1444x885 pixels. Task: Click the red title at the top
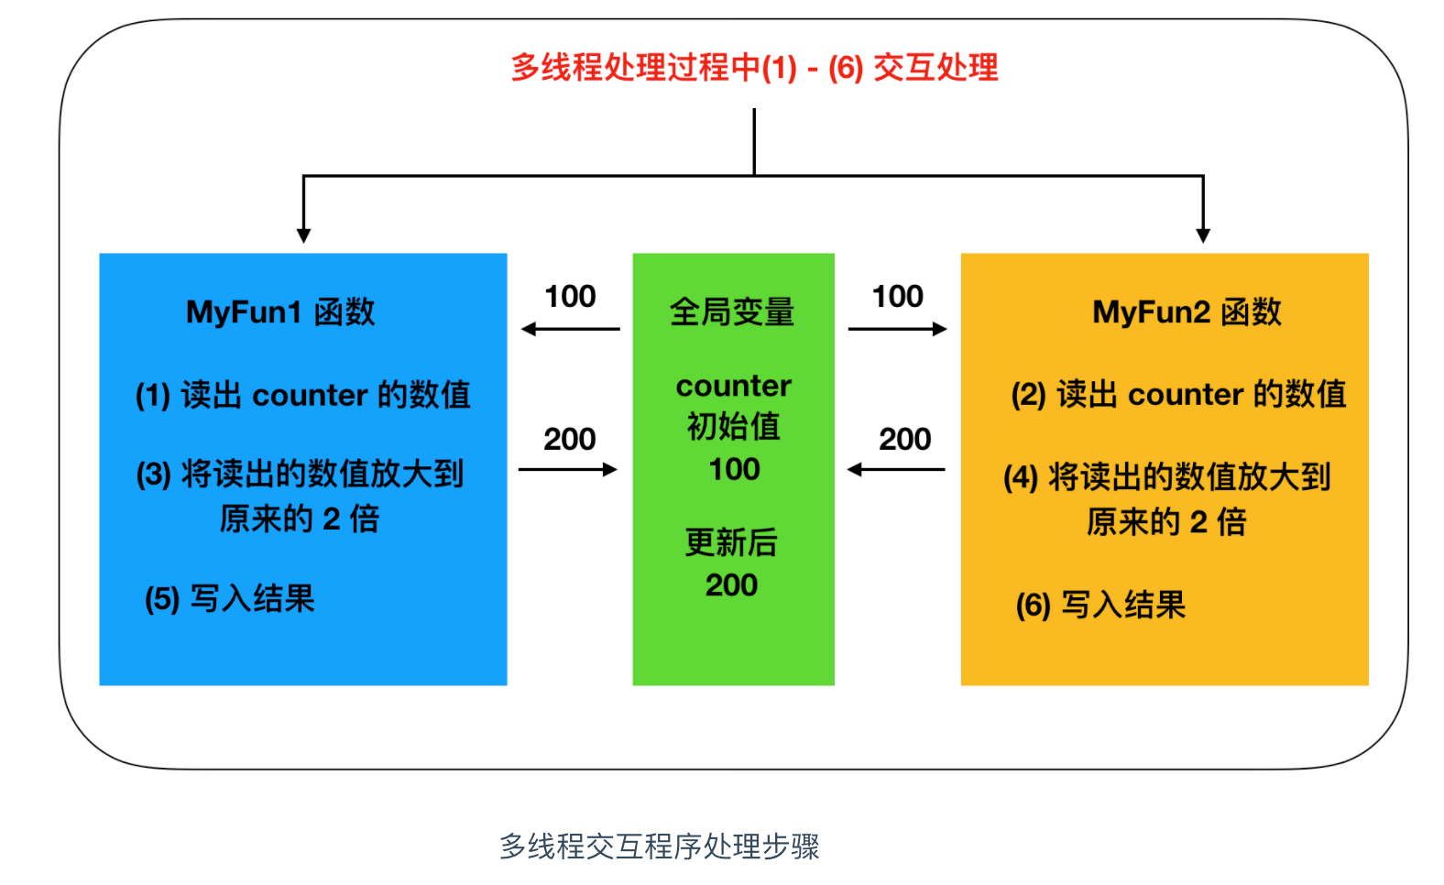pos(754,68)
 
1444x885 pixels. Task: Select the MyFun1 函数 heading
pos(280,312)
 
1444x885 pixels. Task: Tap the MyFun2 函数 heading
pos(1187,312)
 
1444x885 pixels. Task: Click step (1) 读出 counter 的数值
pos(303,395)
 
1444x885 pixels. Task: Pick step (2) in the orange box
pos(1178,394)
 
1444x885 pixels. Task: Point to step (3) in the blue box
pos(301,496)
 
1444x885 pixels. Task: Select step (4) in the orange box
pos(1167,498)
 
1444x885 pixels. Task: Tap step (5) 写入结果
pos(230,599)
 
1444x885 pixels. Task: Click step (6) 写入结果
pos(1100,605)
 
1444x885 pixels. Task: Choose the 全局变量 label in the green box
pos(732,312)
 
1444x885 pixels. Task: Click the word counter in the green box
pos(734,386)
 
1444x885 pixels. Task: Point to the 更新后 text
pos(731,542)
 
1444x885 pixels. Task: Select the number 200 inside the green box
pos(731,585)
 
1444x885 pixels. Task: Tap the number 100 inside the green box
pos(734,469)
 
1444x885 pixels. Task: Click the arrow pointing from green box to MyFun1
pos(570,329)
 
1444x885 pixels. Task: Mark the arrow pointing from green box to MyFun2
pos(898,329)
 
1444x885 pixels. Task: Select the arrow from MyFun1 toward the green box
pos(568,470)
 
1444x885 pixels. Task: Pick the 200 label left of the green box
pos(570,440)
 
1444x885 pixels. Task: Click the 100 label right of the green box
pos(898,297)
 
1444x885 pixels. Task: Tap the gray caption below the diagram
pos(660,847)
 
